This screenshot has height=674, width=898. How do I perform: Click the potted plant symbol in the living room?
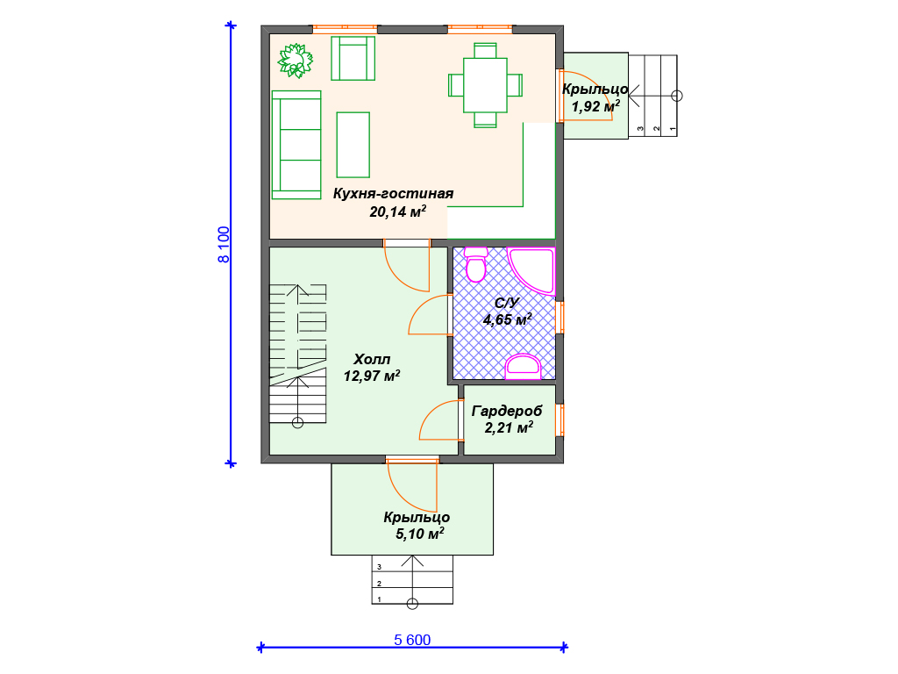pyautogui.click(x=296, y=61)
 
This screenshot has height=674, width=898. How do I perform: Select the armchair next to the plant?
pyautogui.click(x=353, y=59)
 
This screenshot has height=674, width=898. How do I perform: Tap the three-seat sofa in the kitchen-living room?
pyautogui.click(x=296, y=145)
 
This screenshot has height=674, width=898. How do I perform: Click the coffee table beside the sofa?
pyautogui.click(x=353, y=145)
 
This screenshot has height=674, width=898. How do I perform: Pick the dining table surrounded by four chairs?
pyautogui.click(x=485, y=85)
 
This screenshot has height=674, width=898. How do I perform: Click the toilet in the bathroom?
pyautogui.click(x=476, y=265)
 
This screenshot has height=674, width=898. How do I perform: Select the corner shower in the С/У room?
pyautogui.click(x=531, y=271)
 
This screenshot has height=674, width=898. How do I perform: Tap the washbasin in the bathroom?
pyautogui.click(x=523, y=367)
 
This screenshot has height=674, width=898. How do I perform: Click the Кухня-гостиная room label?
pyautogui.click(x=394, y=194)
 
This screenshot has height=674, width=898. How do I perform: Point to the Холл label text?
pyautogui.click(x=372, y=359)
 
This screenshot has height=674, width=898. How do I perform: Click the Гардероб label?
pyautogui.click(x=507, y=411)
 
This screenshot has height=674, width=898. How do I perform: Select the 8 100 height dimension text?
pyautogui.click(x=224, y=245)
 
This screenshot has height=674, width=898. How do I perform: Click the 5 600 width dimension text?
pyautogui.click(x=412, y=640)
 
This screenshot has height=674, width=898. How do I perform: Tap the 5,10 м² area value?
pyautogui.click(x=420, y=534)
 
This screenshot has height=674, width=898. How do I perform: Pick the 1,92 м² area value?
pyautogui.click(x=595, y=106)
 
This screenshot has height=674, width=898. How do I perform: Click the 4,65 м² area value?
pyautogui.click(x=508, y=319)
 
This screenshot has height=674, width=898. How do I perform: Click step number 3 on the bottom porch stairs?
pyautogui.click(x=379, y=567)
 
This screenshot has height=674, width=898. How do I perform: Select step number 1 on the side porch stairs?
pyautogui.click(x=673, y=129)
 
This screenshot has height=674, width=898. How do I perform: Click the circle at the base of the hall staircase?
pyautogui.click(x=297, y=424)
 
